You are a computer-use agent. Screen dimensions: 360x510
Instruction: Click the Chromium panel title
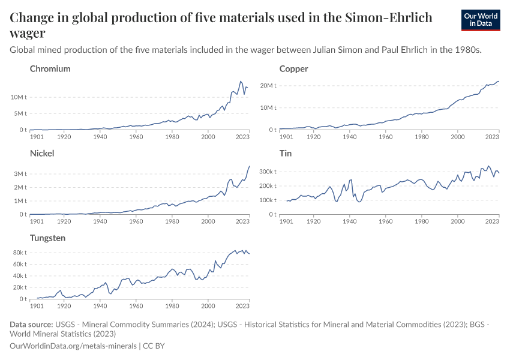pos(50,68)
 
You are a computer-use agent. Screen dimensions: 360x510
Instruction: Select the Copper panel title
pos(293,68)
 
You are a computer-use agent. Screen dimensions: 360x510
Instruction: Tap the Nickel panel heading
pos(42,153)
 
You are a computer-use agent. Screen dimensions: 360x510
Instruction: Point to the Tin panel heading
pos(286,153)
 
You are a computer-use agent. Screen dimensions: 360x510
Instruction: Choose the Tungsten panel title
pos(48,238)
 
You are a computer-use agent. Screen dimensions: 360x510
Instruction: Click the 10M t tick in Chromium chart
pos(18,97)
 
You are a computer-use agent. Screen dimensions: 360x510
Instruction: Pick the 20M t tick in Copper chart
pos(268,85)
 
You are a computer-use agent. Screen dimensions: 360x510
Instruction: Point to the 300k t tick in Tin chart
pos(266,172)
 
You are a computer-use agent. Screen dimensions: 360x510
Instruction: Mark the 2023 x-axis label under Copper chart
pos(492,137)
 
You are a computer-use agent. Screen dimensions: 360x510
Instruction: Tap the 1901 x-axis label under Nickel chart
pos(37,221)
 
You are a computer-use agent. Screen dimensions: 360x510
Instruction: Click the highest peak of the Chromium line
pos(241,81)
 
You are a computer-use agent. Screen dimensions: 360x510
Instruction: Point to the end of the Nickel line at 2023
pos(250,166)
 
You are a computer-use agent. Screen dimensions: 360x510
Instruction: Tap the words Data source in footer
pos(31,325)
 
